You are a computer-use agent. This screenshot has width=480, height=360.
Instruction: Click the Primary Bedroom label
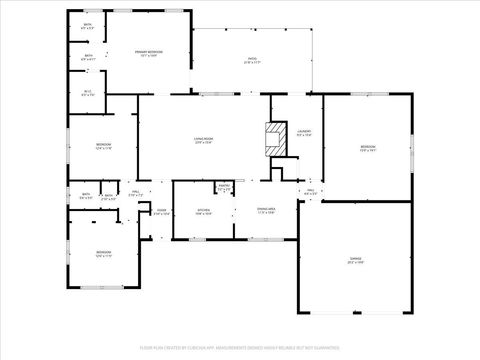coord(149,51)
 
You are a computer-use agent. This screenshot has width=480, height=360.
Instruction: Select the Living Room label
coord(206,139)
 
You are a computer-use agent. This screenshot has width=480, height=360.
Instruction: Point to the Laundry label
coord(303,131)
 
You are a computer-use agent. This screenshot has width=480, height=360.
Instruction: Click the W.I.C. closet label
coord(88,92)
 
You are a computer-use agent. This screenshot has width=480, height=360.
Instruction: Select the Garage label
coord(355,259)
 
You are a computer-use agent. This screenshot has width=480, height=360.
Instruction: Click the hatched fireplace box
coord(272,138)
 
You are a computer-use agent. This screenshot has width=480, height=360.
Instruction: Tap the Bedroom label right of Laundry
coord(366,146)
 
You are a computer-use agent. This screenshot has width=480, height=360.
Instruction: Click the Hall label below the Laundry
coord(310,190)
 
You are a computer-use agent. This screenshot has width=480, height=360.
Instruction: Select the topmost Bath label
coord(87,24)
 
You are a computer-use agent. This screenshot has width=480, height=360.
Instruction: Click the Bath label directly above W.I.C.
coord(88,56)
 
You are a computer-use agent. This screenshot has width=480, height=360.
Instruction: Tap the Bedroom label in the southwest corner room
coord(103,251)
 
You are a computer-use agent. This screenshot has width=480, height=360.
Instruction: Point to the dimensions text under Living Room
coord(206,143)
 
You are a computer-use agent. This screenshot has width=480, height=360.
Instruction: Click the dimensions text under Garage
coord(355,263)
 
